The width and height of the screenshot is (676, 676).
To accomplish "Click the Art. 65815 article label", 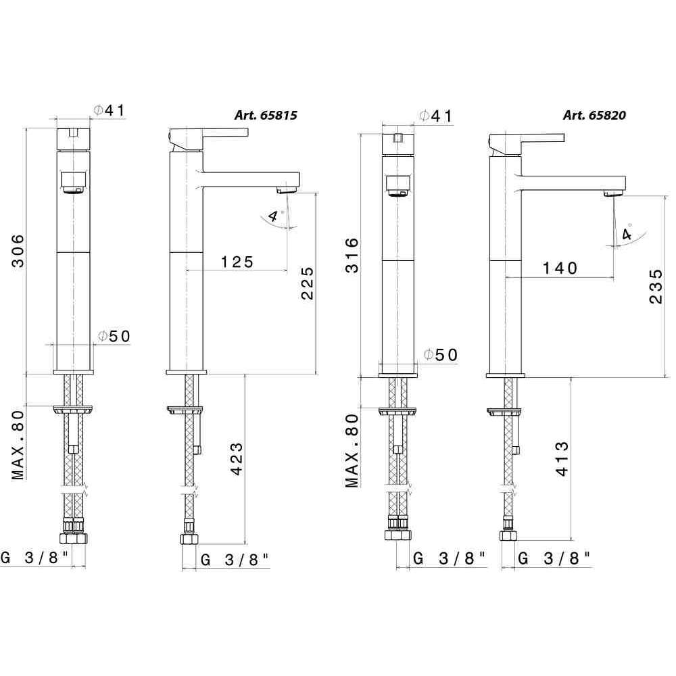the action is click(266, 115).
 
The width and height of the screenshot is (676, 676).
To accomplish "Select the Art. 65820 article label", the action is click(594, 115).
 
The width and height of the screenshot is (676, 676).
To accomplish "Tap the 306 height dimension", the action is click(18, 251).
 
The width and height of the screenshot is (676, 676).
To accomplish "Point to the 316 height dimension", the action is click(352, 256).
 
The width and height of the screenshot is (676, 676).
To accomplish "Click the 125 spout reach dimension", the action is click(237, 262).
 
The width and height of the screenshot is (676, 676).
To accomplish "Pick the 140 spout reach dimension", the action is click(560, 268).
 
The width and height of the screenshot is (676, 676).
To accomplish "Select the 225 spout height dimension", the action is click(308, 283).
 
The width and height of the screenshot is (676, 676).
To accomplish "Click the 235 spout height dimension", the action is click(655, 286).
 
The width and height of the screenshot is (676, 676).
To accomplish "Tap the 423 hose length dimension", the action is click(237, 459).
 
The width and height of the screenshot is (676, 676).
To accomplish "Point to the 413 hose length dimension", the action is click(562, 459).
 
